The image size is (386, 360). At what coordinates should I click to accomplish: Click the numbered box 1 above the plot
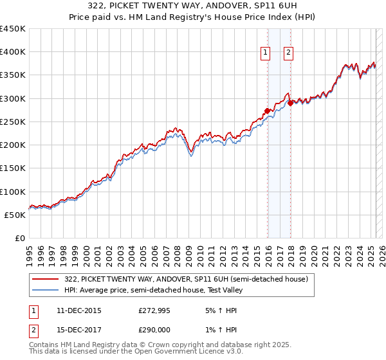click(266, 53)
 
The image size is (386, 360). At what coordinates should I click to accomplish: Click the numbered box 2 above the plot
click(288, 53)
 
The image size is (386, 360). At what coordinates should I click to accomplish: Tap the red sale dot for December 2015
click(268, 111)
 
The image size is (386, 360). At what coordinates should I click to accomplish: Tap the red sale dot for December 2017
click(290, 103)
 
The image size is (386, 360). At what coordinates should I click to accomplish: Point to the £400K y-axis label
click(13, 52)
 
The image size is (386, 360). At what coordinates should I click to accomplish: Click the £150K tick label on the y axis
click(13, 168)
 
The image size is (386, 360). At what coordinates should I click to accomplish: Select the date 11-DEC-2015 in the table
click(79, 310)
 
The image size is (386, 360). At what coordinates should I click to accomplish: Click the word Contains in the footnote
click(44, 345)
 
